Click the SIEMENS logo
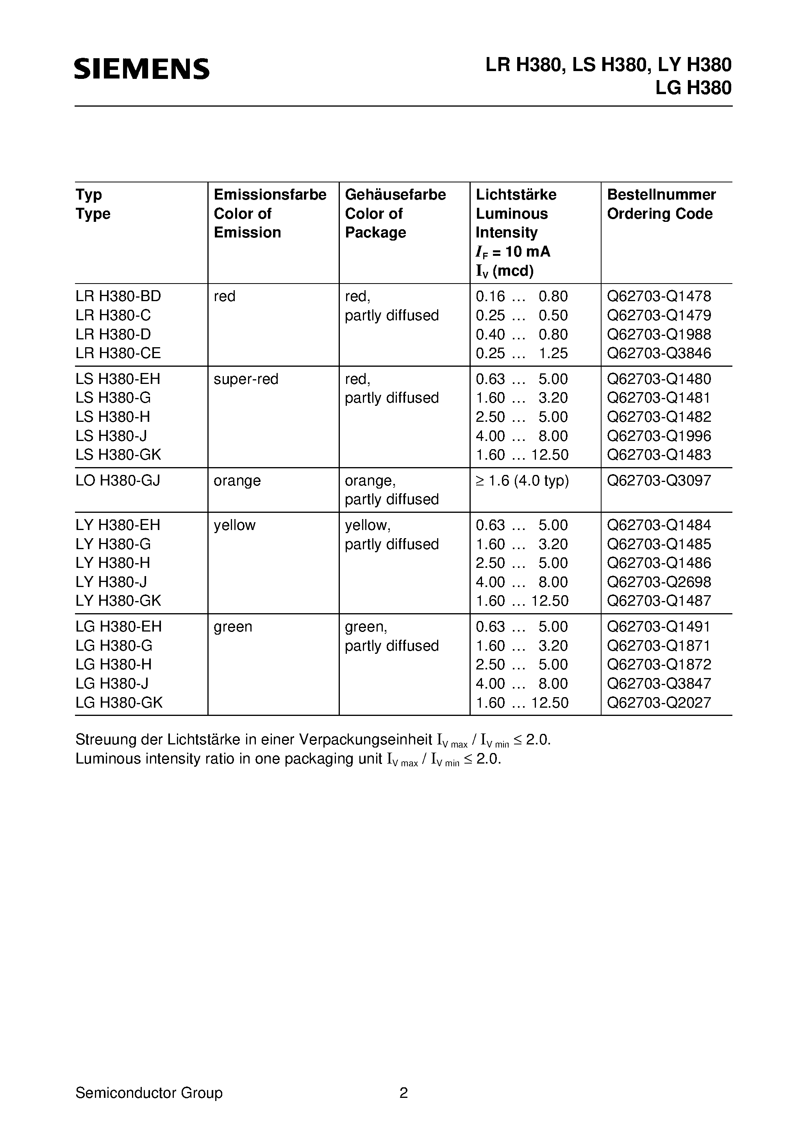[142, 69]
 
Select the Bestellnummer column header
[661, 194]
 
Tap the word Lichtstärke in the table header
[516, 194]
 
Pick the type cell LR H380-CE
[118, 353]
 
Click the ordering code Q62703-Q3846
[659, 353]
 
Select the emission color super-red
[246, 379]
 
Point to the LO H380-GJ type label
[118, 480]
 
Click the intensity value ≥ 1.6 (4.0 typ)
[522, 480]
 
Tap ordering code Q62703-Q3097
[659, 480]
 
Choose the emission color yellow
[234, 525]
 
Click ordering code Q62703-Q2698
[659, 582]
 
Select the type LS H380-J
[111, 436]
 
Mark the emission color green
[233, 627]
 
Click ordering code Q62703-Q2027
[659, 703]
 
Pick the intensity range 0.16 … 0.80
[521, 296]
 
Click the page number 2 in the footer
[403, 1093]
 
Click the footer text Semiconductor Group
[149, 1093]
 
